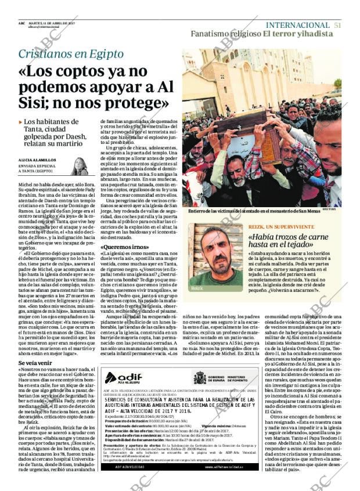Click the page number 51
click(337, 25)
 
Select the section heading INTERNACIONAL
click(297, 25)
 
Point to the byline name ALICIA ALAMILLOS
click(36, 160)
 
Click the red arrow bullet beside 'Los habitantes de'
click(20, 122)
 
